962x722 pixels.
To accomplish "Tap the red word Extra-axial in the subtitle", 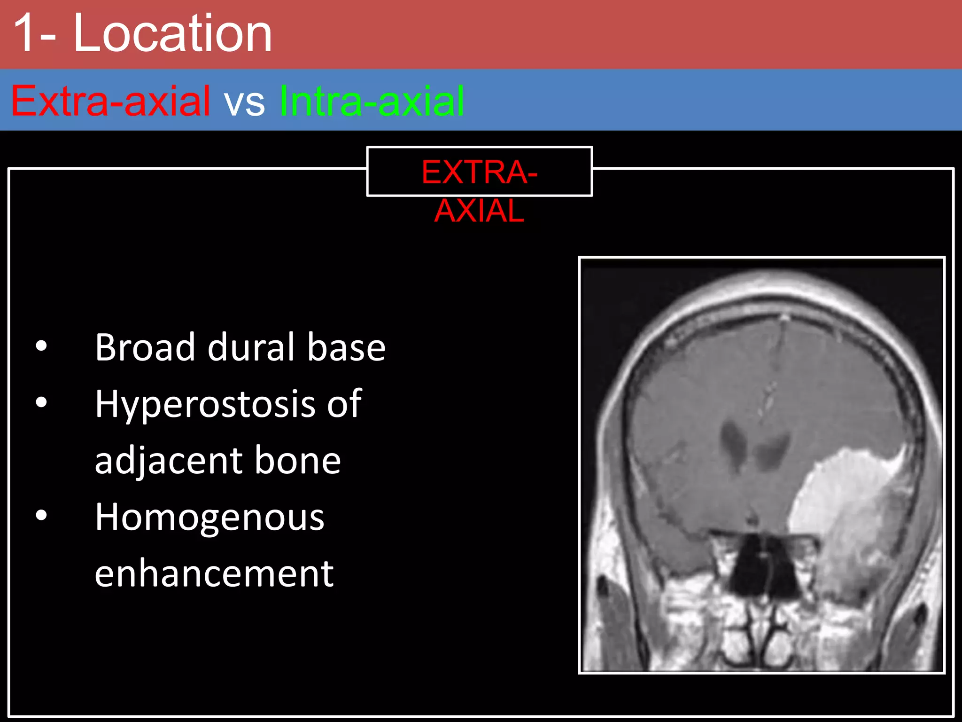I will click(x=110, y=101).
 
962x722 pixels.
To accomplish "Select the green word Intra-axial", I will click(x=372, y=101).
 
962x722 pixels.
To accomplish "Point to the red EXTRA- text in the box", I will click(x=479, y=172).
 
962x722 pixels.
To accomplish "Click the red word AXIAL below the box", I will click(x=479, y=211).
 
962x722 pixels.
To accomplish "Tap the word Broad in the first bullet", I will click(x=145, y=347).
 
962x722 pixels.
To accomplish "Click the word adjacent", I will click(x=167, y=461).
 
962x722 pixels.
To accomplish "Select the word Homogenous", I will click(x=209, y=517).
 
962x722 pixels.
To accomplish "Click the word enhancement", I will click(x=214, y=574).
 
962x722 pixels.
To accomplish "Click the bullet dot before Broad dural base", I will click(x=41, y=346).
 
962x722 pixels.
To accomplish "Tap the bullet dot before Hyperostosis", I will click(x=41, y=402).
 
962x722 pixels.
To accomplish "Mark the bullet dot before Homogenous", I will click(x=41, y=515).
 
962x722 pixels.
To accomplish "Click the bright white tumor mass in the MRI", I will click(x=841, y=498).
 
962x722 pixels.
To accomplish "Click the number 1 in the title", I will click(x=29, y=34).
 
